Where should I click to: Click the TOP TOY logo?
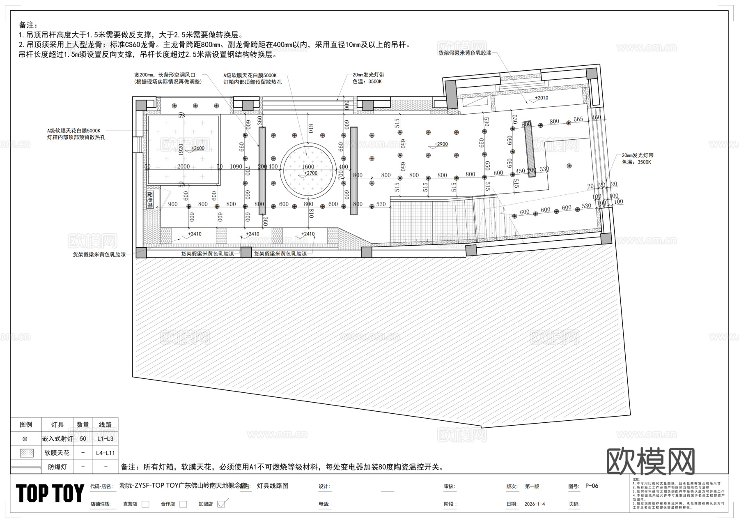tap(50, 493)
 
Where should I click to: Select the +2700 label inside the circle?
tap(310, 173)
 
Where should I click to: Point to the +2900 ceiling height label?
tap(441, 144)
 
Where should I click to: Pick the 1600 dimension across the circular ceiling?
tap(308, 166)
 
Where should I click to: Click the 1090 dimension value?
tap(236, 166)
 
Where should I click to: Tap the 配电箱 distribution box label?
tap(150, 200)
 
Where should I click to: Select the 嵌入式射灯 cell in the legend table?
tap(57, 439)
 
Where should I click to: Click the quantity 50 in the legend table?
tap(83, 439)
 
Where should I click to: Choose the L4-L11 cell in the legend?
tap(106, 453)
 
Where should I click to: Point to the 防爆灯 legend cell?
tap(57, 467)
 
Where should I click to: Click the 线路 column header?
tap(106, 424)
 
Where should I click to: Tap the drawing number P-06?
tap(592, 486)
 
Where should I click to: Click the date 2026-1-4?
tap(535, 504)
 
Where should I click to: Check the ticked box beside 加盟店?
tap(221, 504)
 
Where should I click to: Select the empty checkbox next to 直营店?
tap(145, 504)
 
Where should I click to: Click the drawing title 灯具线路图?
tap(273, 486)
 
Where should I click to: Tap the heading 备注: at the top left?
tap(28, 25)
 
